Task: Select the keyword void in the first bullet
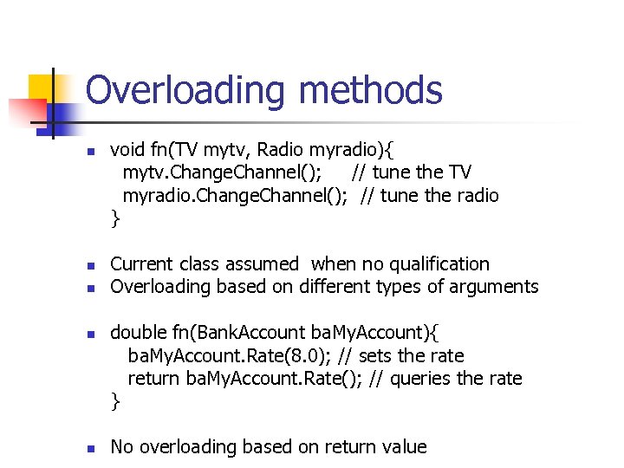[127, 149]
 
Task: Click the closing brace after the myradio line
[115, 218]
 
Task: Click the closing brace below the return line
[115, 400]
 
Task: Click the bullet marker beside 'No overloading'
[89, 448]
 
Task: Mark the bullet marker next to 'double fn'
[89, 334]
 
